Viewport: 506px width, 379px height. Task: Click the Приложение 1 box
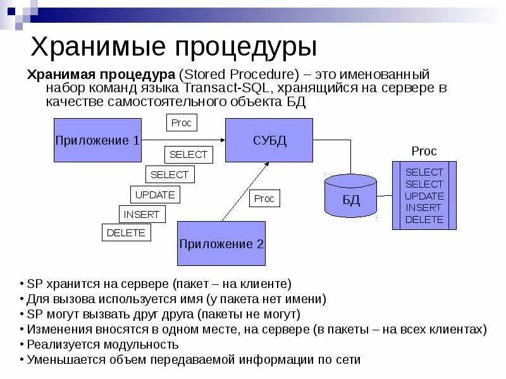click(x=97, y=140)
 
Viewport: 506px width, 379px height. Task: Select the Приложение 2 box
click(x=221, y=243)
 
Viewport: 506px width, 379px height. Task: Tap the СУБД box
click(x=270, y=140)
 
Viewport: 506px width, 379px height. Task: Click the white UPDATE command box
click(x=154, y=195)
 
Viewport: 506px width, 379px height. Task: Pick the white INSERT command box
click(x=142, y=214)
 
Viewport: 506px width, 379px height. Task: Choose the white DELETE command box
click(x=126, y=232)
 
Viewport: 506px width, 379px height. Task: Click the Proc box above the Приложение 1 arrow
click(x=182, y=123)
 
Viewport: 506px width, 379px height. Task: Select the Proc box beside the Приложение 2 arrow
click(x=264, y=198)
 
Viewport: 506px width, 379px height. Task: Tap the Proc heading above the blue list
click(x=424, y=152)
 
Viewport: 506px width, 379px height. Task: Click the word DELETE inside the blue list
click(x=424, y=220)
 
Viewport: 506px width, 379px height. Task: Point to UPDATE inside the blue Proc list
click(x=424, y=196)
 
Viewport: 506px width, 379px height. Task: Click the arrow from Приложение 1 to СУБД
click(x=183, y=140)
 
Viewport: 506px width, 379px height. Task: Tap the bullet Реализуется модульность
click(x=102, y=345)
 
